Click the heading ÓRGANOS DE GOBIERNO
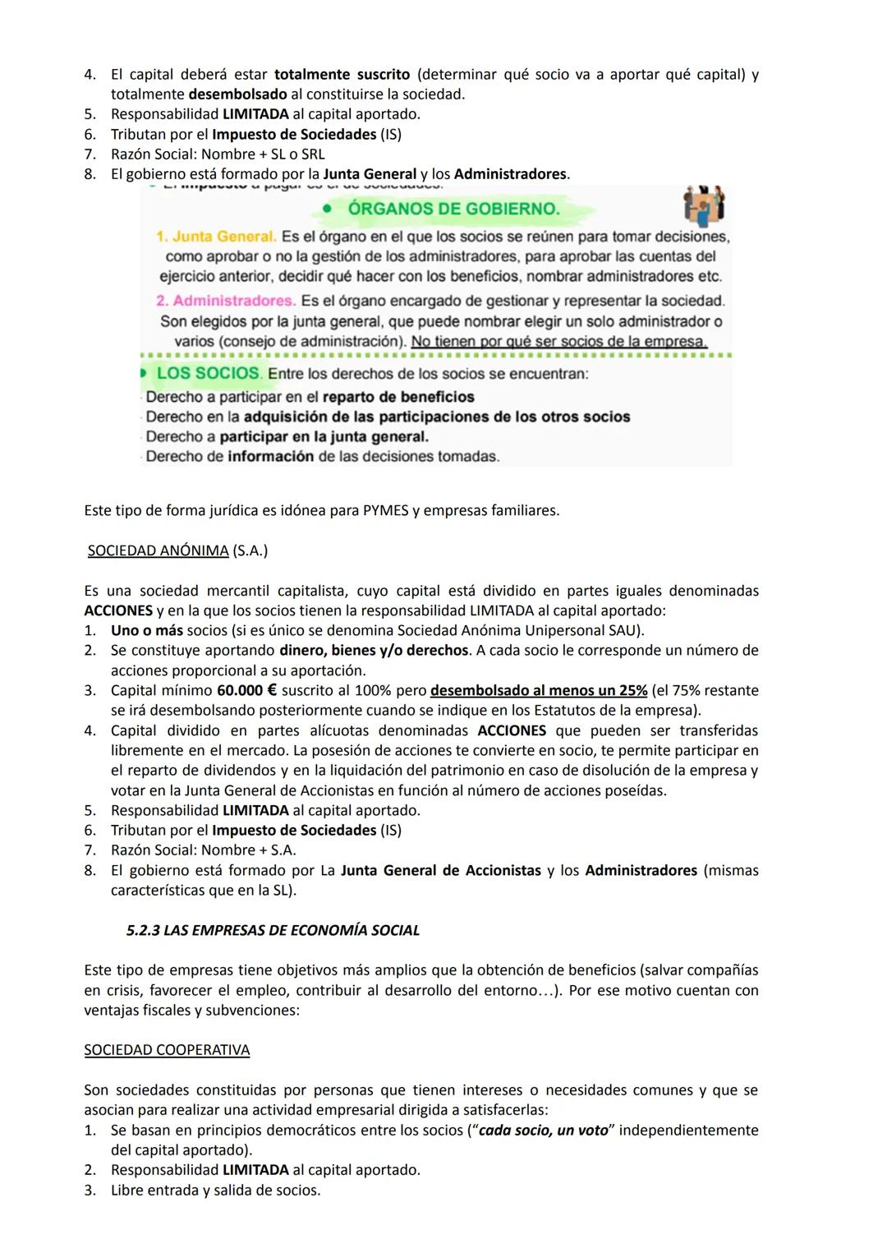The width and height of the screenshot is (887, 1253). pos(453,209)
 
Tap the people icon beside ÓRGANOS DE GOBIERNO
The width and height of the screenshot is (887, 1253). pos(705,205)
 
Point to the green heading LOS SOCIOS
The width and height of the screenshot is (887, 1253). pos(209,373)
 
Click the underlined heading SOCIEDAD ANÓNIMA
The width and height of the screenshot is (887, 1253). pos(158,550)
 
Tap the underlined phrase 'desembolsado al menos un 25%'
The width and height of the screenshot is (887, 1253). pos(538,690)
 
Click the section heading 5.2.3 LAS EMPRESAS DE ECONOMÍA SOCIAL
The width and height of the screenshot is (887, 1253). pos(273,930)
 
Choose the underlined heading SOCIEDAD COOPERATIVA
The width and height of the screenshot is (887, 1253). pos(167,1050)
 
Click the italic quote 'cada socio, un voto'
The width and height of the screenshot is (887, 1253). pos(543,1130)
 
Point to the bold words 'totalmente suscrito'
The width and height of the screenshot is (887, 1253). pos(342,75)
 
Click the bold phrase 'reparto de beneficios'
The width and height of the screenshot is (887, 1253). pos(398,397)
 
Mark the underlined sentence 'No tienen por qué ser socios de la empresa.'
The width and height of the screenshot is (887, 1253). pos(558,341)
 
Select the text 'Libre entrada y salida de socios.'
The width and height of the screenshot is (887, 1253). pos(215,1190)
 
